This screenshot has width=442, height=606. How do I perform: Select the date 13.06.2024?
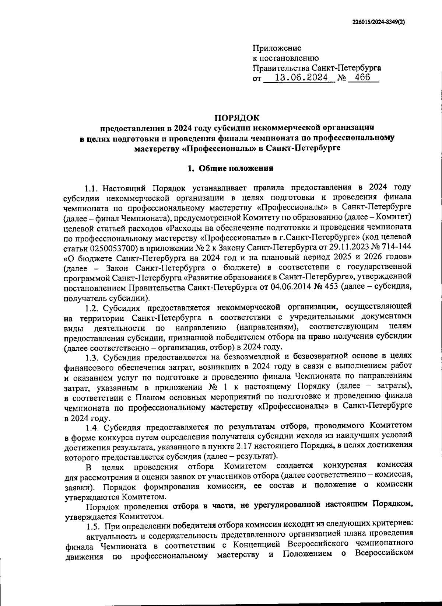tap(298, 78)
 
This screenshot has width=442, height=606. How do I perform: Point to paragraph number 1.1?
tap(91, 188)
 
